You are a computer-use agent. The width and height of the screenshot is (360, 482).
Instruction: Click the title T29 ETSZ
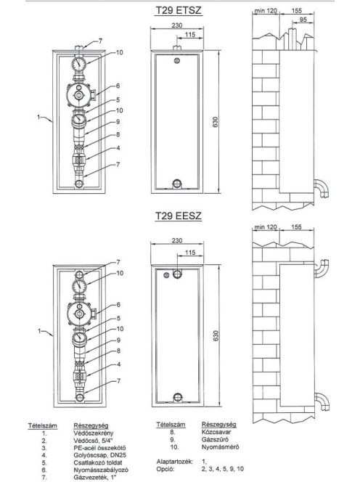coord(179,10)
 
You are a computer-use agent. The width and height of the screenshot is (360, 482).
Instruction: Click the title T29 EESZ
coord(179,216)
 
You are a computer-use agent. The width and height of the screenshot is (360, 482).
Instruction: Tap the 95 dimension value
coord(303,19)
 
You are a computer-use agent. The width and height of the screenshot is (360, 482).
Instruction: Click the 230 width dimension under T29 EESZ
coord(177,240)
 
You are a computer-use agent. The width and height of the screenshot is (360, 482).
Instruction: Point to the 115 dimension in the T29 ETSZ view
coord(190,34)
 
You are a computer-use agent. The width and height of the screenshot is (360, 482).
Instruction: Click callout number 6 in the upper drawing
coord(118,86)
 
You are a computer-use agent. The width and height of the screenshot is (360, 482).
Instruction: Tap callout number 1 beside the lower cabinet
coord(39,331)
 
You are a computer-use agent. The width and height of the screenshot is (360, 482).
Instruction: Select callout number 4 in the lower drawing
coord(118,364)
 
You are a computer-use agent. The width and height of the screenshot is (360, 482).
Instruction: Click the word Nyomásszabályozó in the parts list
coord(101,470)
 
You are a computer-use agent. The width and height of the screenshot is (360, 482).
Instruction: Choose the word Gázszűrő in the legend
coord(215,439)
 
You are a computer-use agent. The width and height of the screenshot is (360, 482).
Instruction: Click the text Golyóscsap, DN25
coord(100,454)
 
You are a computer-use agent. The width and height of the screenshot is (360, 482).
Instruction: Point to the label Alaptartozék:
coord(175,462)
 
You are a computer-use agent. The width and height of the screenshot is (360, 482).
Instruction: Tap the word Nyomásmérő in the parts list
coord(220,446)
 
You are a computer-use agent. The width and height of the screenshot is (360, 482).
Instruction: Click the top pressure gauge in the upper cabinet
coord(79,64)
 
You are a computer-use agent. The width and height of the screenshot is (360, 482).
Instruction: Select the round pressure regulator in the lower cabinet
coord(80,314)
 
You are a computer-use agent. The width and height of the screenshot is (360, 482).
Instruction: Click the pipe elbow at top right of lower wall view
coord(322,268)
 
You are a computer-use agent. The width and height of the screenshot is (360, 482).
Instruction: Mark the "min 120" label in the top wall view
coord(266,11)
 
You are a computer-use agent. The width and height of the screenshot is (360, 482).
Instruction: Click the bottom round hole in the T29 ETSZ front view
coord(176,184)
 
